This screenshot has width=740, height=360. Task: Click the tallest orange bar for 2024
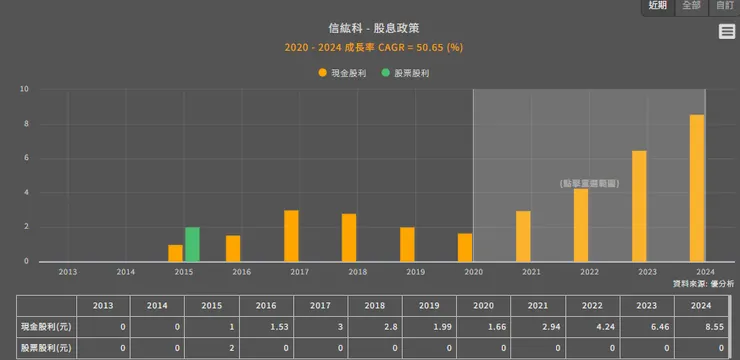point(696,188)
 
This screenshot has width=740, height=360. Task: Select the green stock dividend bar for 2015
point(192,244)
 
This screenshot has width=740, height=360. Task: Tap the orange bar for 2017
point(291,236)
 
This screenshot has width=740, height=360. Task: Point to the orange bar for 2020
point(465,247)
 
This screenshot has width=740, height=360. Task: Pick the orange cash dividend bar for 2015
point(175,253)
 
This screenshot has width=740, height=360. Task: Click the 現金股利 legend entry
point(346,73)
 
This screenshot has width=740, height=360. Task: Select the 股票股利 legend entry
point(411,73)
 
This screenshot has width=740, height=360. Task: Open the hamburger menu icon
point(727,32)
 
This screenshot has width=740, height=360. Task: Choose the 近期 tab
point(657,6)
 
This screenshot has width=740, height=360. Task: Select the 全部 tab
point(691,6)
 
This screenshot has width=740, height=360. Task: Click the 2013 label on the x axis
point(67,271)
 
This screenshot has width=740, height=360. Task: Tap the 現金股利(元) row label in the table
point(47,327)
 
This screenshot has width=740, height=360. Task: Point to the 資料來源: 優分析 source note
point(703,284)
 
